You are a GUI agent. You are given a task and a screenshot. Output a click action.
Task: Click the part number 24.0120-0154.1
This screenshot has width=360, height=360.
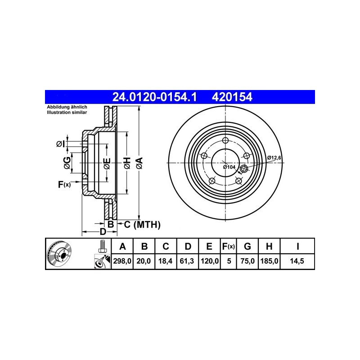[x=154, y=97]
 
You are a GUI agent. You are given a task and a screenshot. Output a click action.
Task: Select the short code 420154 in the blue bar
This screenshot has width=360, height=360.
[x=232, y=97]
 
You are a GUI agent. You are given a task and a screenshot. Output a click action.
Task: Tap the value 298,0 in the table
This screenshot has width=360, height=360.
[x=122, y=261]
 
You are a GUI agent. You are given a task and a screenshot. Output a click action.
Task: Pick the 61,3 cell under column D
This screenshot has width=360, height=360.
[x=187, y=261]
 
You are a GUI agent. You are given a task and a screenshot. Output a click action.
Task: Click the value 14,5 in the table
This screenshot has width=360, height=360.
[x=297, y=261]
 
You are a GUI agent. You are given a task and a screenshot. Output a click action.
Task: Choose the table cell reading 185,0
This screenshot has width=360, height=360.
[x=269, y=261]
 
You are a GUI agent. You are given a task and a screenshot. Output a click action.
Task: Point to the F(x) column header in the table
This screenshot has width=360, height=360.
[x=229, y=246]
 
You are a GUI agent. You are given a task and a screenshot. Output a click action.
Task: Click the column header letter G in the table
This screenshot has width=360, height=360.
[x=247, y=246]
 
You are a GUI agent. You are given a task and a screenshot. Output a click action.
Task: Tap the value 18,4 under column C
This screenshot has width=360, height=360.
[x=165, y=261]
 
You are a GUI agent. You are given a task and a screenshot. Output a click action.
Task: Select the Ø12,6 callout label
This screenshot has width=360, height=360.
[x=274, y=158]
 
